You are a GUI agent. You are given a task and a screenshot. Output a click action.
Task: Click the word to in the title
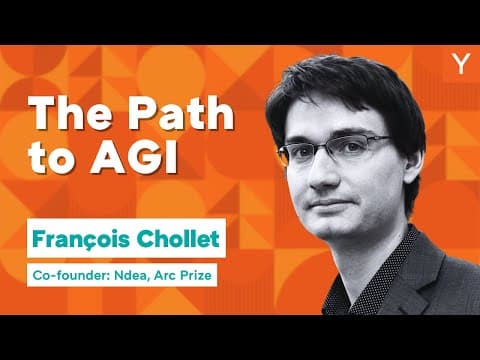click(57, 160)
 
